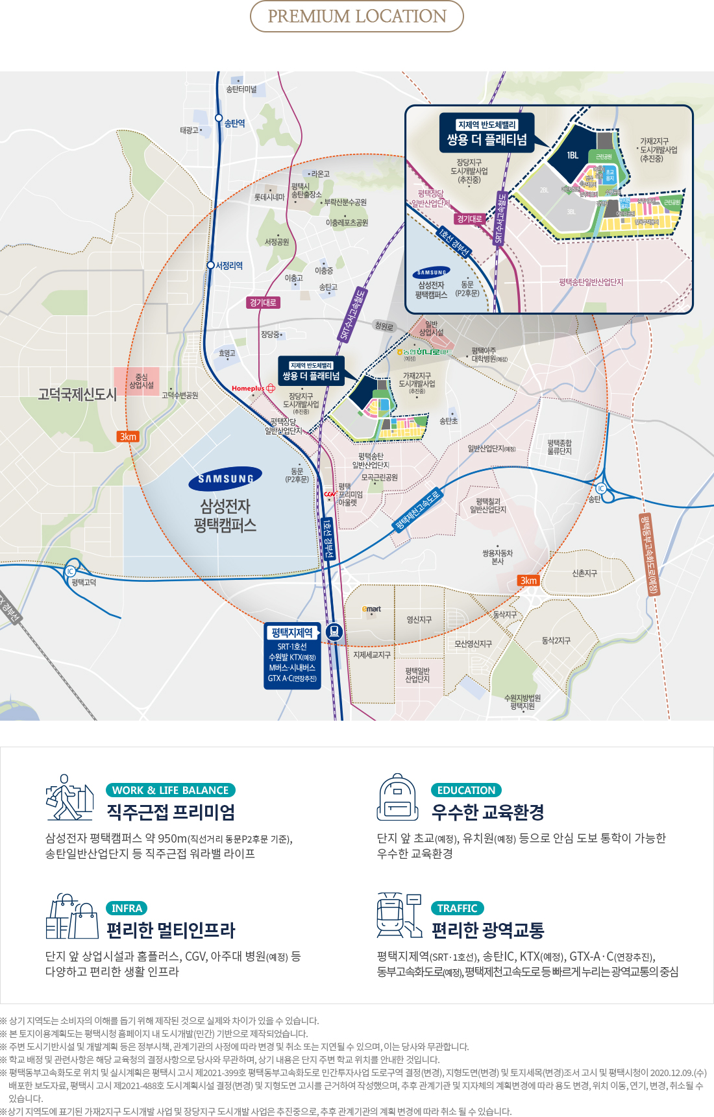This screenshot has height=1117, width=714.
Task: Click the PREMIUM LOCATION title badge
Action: [357, 16]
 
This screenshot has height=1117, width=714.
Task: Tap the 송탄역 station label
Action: [234, 123]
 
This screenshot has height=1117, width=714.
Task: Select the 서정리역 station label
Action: [229, 266]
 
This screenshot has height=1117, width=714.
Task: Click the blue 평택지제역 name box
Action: [292, 632]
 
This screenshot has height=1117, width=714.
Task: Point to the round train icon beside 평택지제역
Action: [334, 631]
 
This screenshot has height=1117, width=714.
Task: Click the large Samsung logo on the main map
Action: [225, 479]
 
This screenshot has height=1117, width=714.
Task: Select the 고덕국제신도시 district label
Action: [77, 394]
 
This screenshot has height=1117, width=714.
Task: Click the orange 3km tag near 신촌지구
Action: [528, 581]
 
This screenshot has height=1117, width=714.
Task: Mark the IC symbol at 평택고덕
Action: [70, 571]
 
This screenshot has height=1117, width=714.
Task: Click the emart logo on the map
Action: [372, 609]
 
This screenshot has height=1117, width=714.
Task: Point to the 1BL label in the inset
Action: [572, 156]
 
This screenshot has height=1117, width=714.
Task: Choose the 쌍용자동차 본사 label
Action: [497, 557]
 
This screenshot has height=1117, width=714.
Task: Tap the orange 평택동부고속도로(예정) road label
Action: [649, 554]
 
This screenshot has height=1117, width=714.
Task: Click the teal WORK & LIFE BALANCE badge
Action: [170, 790]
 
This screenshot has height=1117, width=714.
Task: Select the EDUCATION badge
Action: [466, 790]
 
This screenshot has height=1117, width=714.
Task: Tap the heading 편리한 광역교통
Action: [488, 930]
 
